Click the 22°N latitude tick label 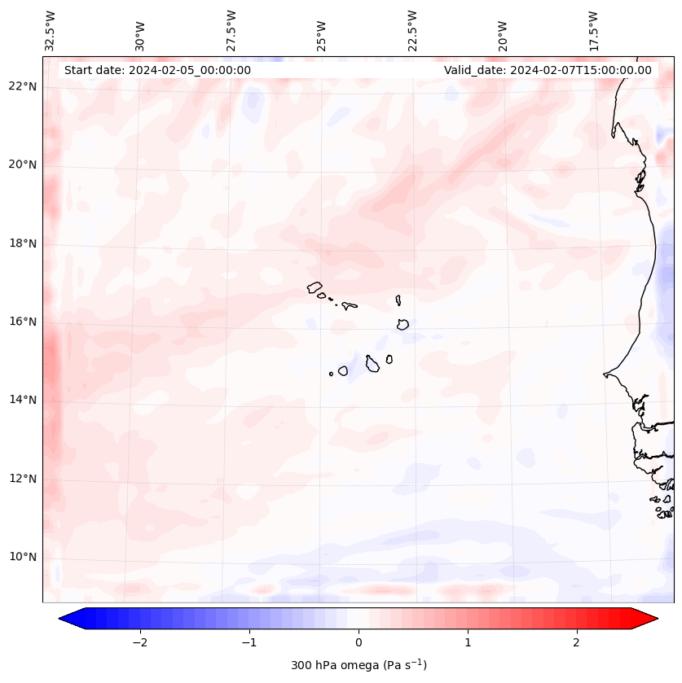click(x=23, y=86)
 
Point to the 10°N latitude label click(x=23, y=558)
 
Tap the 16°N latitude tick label click(x=23, y=322)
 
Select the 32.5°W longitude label click(x=51, y=30)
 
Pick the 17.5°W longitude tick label click(x=593, y=30)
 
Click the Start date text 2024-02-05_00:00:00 click(x=157, y=70)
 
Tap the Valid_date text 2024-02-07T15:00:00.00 click(x=548, y=70)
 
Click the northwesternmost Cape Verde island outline click(x=315, y=287)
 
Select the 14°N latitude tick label click(x=23, y=400)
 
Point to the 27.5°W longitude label click(x=231, y=30)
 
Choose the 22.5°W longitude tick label click(x=412, y=30)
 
